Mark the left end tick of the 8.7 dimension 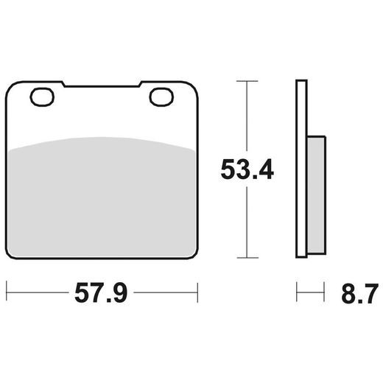pyautogui.click(x=296, y=292)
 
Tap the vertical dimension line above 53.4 pyautogui.click(x=246, y=118)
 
